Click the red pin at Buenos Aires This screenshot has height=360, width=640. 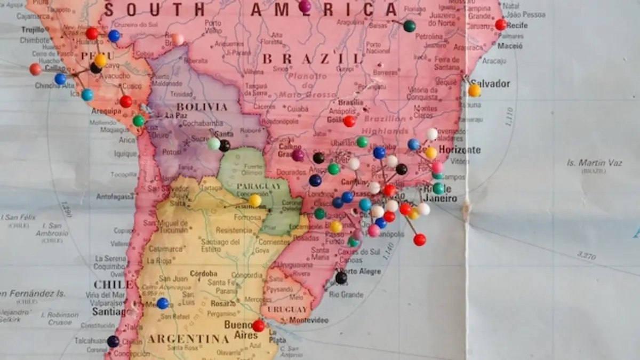[258, 325]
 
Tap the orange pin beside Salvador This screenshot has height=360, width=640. [474, 91]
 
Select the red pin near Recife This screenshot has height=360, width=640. [500, 25]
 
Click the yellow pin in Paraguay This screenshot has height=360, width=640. [255, 201]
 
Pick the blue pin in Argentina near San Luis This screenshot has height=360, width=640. [163, 303]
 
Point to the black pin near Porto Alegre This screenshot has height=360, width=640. [341, 278]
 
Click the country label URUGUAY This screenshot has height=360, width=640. [287, 309]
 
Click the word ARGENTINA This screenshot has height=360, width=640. [188, 339]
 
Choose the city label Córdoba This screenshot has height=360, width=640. [203, 273]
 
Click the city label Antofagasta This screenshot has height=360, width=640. [116, 196]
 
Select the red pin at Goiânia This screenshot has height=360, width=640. [349, 121]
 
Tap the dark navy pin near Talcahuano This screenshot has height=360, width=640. [113, 341]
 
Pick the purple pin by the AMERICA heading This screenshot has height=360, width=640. [305, 6]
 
